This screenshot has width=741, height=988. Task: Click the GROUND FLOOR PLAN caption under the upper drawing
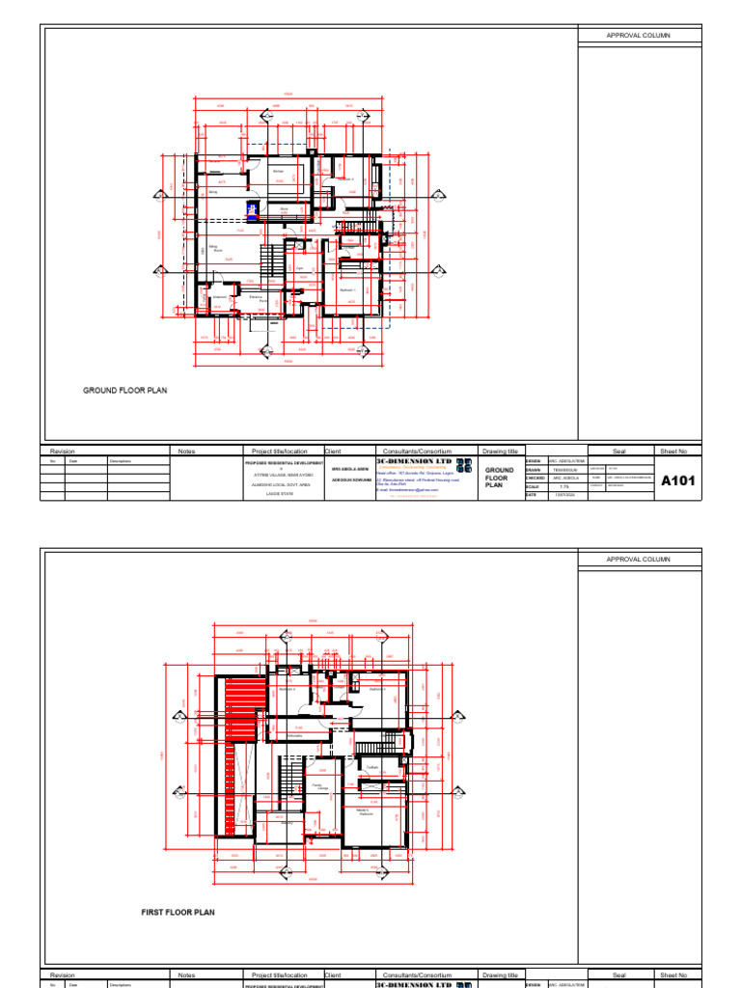click(x=124, y=391)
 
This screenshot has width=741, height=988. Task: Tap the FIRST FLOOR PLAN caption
click(x=178, y=912)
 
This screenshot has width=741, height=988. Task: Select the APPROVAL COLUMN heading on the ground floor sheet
click(x=637, y=35)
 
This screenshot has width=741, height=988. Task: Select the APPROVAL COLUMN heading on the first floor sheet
click(x=637, y=560)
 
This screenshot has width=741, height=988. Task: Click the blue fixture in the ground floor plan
click(x=252, y=211)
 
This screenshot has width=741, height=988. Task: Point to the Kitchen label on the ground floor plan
click(x=278, y=172)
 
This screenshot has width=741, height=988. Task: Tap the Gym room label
click(x=300, y=268)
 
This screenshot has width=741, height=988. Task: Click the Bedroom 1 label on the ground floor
click(x=348, y=289)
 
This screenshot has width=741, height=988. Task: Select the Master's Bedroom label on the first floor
click(x=365, y=811)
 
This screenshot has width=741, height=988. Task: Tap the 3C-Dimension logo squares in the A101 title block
click(x=464, y=467)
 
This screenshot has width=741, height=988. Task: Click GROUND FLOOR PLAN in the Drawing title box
click(x=499, y=478)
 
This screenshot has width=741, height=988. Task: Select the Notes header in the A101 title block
click(x=186, y=451)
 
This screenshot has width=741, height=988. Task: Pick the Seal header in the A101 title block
click(x=619, y=451)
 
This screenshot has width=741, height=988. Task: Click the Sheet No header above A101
click(x=673, y=451)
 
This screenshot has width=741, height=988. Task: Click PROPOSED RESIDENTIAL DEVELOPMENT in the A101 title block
click(x=283, y=462)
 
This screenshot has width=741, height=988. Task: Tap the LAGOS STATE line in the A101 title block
click(x=280, y=493)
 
